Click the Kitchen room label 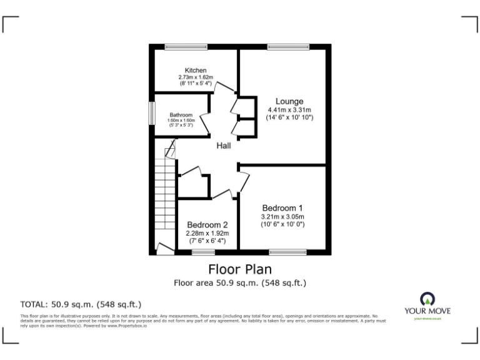(x=196, y=70)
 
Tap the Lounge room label (x=289, y=101)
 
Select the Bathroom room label (x=181, y=115)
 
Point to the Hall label (x=224, y=146)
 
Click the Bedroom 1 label (x=282, y=207)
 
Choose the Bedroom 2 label (x=207, y=225)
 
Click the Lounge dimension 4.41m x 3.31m (x=289, y=110)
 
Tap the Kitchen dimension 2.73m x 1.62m (x=196, y=77)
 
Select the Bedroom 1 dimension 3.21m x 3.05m (x=282, y=216)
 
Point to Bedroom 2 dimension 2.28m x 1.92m (x=207, y=233)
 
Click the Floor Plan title (x=239, y=269)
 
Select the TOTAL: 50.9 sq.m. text (x=81, y=304)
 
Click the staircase (x=166, y=194)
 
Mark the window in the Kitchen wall (x=186, y=47)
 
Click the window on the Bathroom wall (x=151, y=114)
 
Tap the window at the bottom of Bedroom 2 (x=202, y=252)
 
